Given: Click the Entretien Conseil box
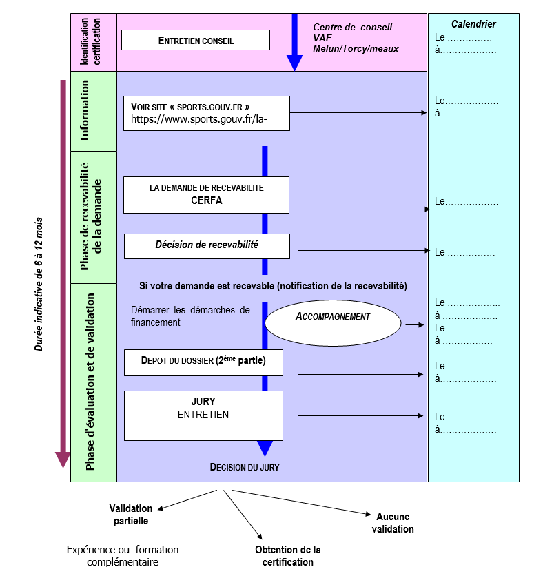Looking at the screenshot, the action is (x=196, y=40).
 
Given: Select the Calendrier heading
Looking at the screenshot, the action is (x=473, y=24).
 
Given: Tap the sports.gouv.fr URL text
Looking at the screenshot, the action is (x=199, y=119).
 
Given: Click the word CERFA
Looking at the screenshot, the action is (x=207, y=200).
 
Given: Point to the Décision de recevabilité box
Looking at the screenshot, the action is (x=207, y=246).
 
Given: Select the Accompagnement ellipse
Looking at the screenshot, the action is (x=333, y=323).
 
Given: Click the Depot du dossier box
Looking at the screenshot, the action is (x=204, y=362).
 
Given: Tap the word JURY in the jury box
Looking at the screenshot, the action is (x=203, y=402).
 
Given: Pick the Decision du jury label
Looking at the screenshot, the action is (x=245, y=467).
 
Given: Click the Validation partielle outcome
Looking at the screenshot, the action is (x=131, y=515).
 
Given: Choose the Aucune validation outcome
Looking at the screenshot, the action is (x=393, y=523).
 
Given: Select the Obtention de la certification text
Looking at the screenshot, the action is (x=288, y=556).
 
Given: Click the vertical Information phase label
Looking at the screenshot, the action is (x=84, y=111).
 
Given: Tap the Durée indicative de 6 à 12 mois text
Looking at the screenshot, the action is (x=39, y=285).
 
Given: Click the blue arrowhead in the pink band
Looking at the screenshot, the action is (x=295, y=63).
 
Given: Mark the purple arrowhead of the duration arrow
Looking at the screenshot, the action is (x=63, y=460).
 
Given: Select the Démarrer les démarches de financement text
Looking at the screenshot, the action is (x=190, y=316).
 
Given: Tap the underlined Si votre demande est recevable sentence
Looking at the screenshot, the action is (x=273, y=286).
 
